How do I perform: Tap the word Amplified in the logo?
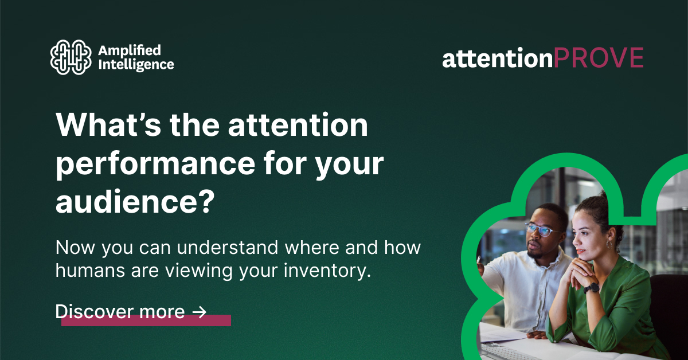[x=122, y=50]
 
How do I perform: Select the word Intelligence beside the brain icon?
[x=136, y=64]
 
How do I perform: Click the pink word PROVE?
[x=599, y=58]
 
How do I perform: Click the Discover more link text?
[x=120, y=312]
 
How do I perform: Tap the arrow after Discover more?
[x=199, y=312]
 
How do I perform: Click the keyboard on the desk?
[x=505, y=351]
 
